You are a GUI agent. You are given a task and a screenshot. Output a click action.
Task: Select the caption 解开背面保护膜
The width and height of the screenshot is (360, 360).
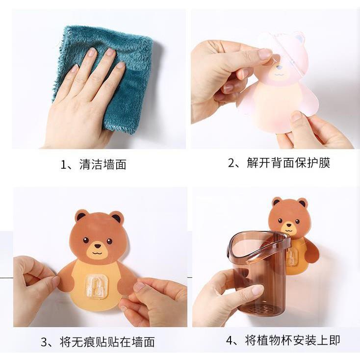(x=288, y=163)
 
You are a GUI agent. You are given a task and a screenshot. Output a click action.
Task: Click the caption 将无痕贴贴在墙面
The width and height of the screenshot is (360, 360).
(x=107, y=342)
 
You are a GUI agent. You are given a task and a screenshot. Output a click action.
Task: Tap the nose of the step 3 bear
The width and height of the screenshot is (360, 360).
(x=97, y=246)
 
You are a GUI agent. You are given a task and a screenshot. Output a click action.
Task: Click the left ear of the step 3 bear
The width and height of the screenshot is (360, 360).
(x=81, y=216)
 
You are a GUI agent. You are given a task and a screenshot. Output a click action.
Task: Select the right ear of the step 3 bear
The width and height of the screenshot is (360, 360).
(x=116, y=217)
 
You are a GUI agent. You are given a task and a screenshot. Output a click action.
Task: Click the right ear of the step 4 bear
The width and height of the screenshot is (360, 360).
(x=302, y=203)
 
